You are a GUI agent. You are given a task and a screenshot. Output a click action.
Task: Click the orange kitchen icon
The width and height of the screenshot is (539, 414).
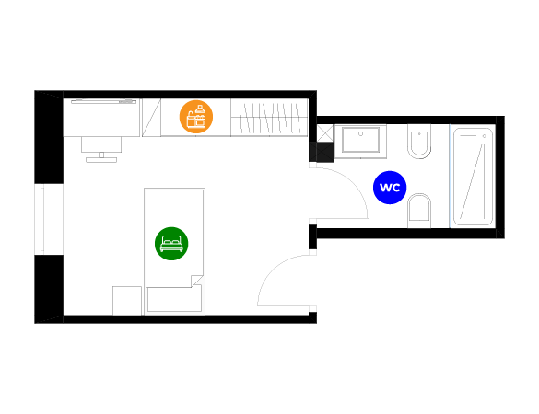coord(196,117)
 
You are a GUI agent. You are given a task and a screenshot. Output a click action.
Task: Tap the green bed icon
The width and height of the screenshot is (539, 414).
coord(171,244)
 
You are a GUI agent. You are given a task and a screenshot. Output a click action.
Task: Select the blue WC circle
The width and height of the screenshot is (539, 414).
coord(390,188)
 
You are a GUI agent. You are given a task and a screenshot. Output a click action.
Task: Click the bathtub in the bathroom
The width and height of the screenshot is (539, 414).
coord(473,177)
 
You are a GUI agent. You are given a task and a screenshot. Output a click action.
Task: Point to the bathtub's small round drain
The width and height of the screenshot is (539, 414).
coord(485,136)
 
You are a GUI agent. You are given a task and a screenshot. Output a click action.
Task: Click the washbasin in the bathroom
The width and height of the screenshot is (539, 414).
coord(360,141)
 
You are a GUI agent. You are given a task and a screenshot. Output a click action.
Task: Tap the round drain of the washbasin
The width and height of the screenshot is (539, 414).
coord(360,134)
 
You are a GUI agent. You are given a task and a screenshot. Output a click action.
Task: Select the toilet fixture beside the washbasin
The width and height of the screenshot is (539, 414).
coord(419,142)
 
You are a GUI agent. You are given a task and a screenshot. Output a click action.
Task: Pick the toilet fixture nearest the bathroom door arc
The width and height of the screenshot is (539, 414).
coord(419,211)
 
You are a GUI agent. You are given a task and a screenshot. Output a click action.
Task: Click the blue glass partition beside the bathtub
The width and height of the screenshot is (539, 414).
coord(450,176)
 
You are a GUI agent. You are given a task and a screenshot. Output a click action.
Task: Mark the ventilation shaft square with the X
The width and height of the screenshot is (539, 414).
coord(325,133)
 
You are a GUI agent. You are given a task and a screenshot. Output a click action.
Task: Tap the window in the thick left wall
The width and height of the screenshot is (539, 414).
coord(42,219)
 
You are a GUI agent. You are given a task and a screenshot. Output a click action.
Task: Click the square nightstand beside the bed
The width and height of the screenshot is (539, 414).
coord(127,301)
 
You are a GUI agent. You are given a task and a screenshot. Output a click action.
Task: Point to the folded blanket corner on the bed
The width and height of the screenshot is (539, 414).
coord(196,281)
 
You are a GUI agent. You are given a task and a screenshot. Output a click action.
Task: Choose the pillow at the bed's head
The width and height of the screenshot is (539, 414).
coord(174,299)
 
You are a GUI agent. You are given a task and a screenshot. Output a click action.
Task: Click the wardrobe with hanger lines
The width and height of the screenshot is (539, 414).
coord(269,117)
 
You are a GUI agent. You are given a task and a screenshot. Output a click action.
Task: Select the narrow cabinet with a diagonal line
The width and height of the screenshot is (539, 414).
coord(152,118)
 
